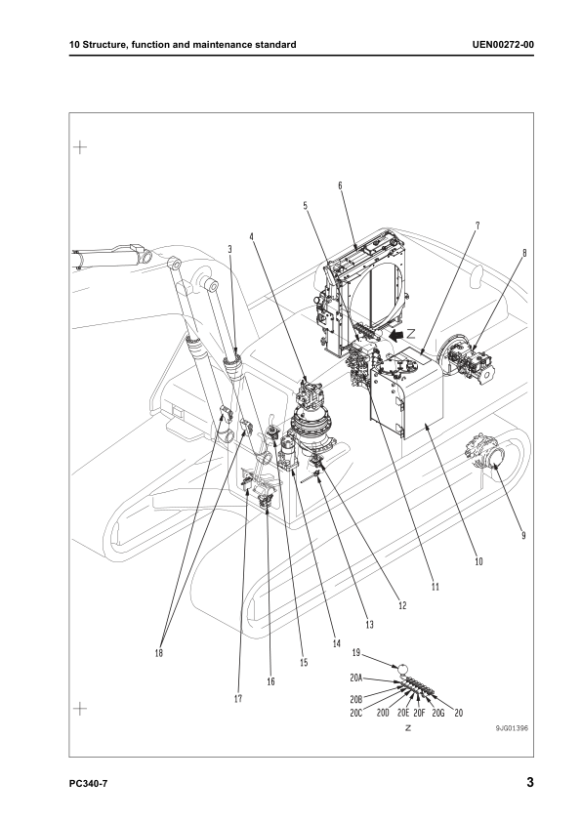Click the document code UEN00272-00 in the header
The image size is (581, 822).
click(502, 45)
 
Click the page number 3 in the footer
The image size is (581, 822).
click(529, 782)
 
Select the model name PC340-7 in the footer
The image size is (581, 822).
click(89, 783)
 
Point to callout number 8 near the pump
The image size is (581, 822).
click(524, 253)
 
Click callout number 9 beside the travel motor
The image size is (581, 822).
click(523, 535)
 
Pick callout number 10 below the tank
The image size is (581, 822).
click(478, 562)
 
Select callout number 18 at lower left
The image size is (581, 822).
click(159, 653)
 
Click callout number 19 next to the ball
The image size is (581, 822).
click(356, 653)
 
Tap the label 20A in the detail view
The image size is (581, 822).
click(356, 678)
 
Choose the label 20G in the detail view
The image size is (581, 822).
click(438, 714)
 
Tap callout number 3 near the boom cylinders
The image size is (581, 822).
click(228, 250)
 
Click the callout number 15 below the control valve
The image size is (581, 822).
click(304, 662)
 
